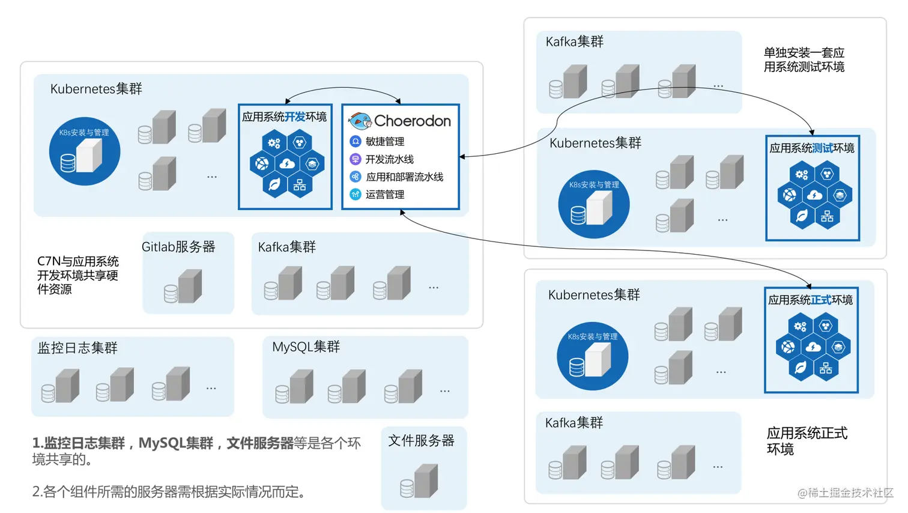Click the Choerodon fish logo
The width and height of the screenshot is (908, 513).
coord(360,121)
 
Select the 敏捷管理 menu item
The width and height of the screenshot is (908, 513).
coord(384,142)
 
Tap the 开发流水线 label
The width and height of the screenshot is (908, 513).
coord(389,159)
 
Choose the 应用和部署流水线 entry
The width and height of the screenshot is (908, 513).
coord(404,177)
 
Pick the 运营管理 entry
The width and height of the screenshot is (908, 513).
coord(384,195)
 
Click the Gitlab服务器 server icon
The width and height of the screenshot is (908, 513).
coord(184,287)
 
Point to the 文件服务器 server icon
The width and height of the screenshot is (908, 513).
coord(420,481)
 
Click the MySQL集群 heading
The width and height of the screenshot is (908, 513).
coord(306,347)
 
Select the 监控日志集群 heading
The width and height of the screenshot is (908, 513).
coord(77,348)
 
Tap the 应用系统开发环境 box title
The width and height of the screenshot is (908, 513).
coord(284,117)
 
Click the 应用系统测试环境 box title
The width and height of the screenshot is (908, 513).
coord(811,148)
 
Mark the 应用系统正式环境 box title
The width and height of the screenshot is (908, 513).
coord(810,300)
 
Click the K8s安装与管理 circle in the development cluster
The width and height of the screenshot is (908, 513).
coord(85,151)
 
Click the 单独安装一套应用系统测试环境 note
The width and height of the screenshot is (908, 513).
coord(804,60)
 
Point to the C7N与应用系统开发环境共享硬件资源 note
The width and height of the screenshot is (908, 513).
coord(78,275)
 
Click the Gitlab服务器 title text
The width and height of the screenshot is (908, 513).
coord(178,247)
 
